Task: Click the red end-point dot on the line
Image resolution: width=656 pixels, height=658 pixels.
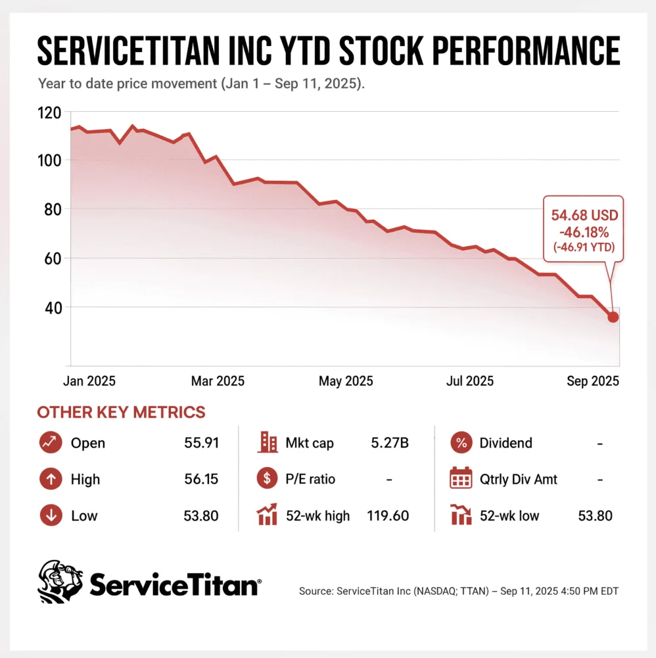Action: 613,317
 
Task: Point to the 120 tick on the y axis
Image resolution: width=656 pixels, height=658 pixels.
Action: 49,113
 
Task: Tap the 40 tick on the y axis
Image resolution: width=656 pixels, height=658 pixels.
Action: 53,308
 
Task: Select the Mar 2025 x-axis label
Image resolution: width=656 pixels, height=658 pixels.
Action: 218,380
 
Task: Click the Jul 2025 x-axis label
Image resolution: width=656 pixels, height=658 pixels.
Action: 470,380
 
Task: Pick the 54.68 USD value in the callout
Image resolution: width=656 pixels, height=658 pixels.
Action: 584,215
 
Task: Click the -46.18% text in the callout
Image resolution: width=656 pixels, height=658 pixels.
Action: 584,232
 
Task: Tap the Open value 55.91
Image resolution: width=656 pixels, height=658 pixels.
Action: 202,443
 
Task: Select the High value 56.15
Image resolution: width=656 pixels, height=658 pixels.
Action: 201,479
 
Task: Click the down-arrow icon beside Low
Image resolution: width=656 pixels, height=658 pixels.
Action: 51,515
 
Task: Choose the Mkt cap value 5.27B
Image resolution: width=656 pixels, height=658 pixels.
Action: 389,443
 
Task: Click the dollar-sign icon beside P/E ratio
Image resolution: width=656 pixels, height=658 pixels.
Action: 267,478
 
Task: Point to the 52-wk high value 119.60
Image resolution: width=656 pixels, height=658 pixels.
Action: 388,515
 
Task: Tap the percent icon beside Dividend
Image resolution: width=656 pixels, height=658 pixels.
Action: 461,442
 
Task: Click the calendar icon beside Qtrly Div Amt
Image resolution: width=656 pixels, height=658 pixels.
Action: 461,478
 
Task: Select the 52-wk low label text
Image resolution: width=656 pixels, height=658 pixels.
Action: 509,515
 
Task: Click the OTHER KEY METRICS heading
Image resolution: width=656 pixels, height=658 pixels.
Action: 121,412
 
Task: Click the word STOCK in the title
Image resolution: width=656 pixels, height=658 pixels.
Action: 381,51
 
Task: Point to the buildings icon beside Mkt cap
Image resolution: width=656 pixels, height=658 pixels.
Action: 268,442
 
